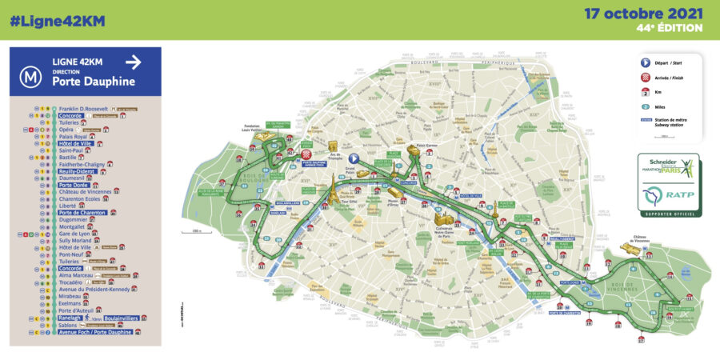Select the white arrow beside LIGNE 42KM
(133, 62)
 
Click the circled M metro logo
(31, 77)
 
